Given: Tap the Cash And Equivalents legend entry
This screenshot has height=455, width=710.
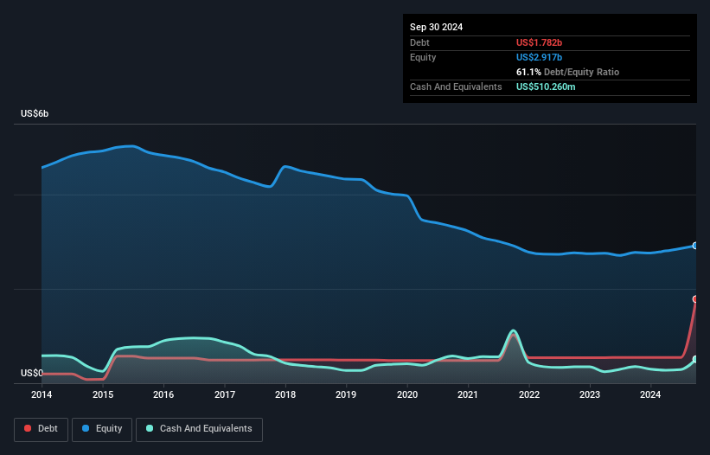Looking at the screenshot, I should (x=199, y=428).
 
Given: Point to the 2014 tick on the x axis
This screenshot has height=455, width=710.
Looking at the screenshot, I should (x=42, y=395).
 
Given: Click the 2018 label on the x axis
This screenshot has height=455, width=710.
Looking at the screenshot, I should (x=285, y=395).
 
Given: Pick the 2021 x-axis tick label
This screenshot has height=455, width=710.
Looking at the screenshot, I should (x=468, y=395).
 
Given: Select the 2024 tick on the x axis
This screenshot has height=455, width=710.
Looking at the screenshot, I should (x=650, y=395).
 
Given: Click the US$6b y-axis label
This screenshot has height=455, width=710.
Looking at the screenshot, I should (x=35, y=114).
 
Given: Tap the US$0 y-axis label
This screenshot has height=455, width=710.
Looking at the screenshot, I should (x=31, y=373).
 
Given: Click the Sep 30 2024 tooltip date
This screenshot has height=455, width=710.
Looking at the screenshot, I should (x=436, y=27).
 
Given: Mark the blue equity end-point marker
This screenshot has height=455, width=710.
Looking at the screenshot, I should (x=694, y=246).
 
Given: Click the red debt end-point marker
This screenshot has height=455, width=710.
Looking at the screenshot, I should (x=694, y=299).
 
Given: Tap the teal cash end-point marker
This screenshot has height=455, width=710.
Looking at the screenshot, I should (x=694, y=359).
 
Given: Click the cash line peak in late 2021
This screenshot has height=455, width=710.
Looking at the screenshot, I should (x=513, y=330).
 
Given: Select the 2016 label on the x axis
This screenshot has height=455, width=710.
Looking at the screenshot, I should (x=163, y=395).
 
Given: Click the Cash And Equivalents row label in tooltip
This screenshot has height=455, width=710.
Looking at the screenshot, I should (x=456, y=87).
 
